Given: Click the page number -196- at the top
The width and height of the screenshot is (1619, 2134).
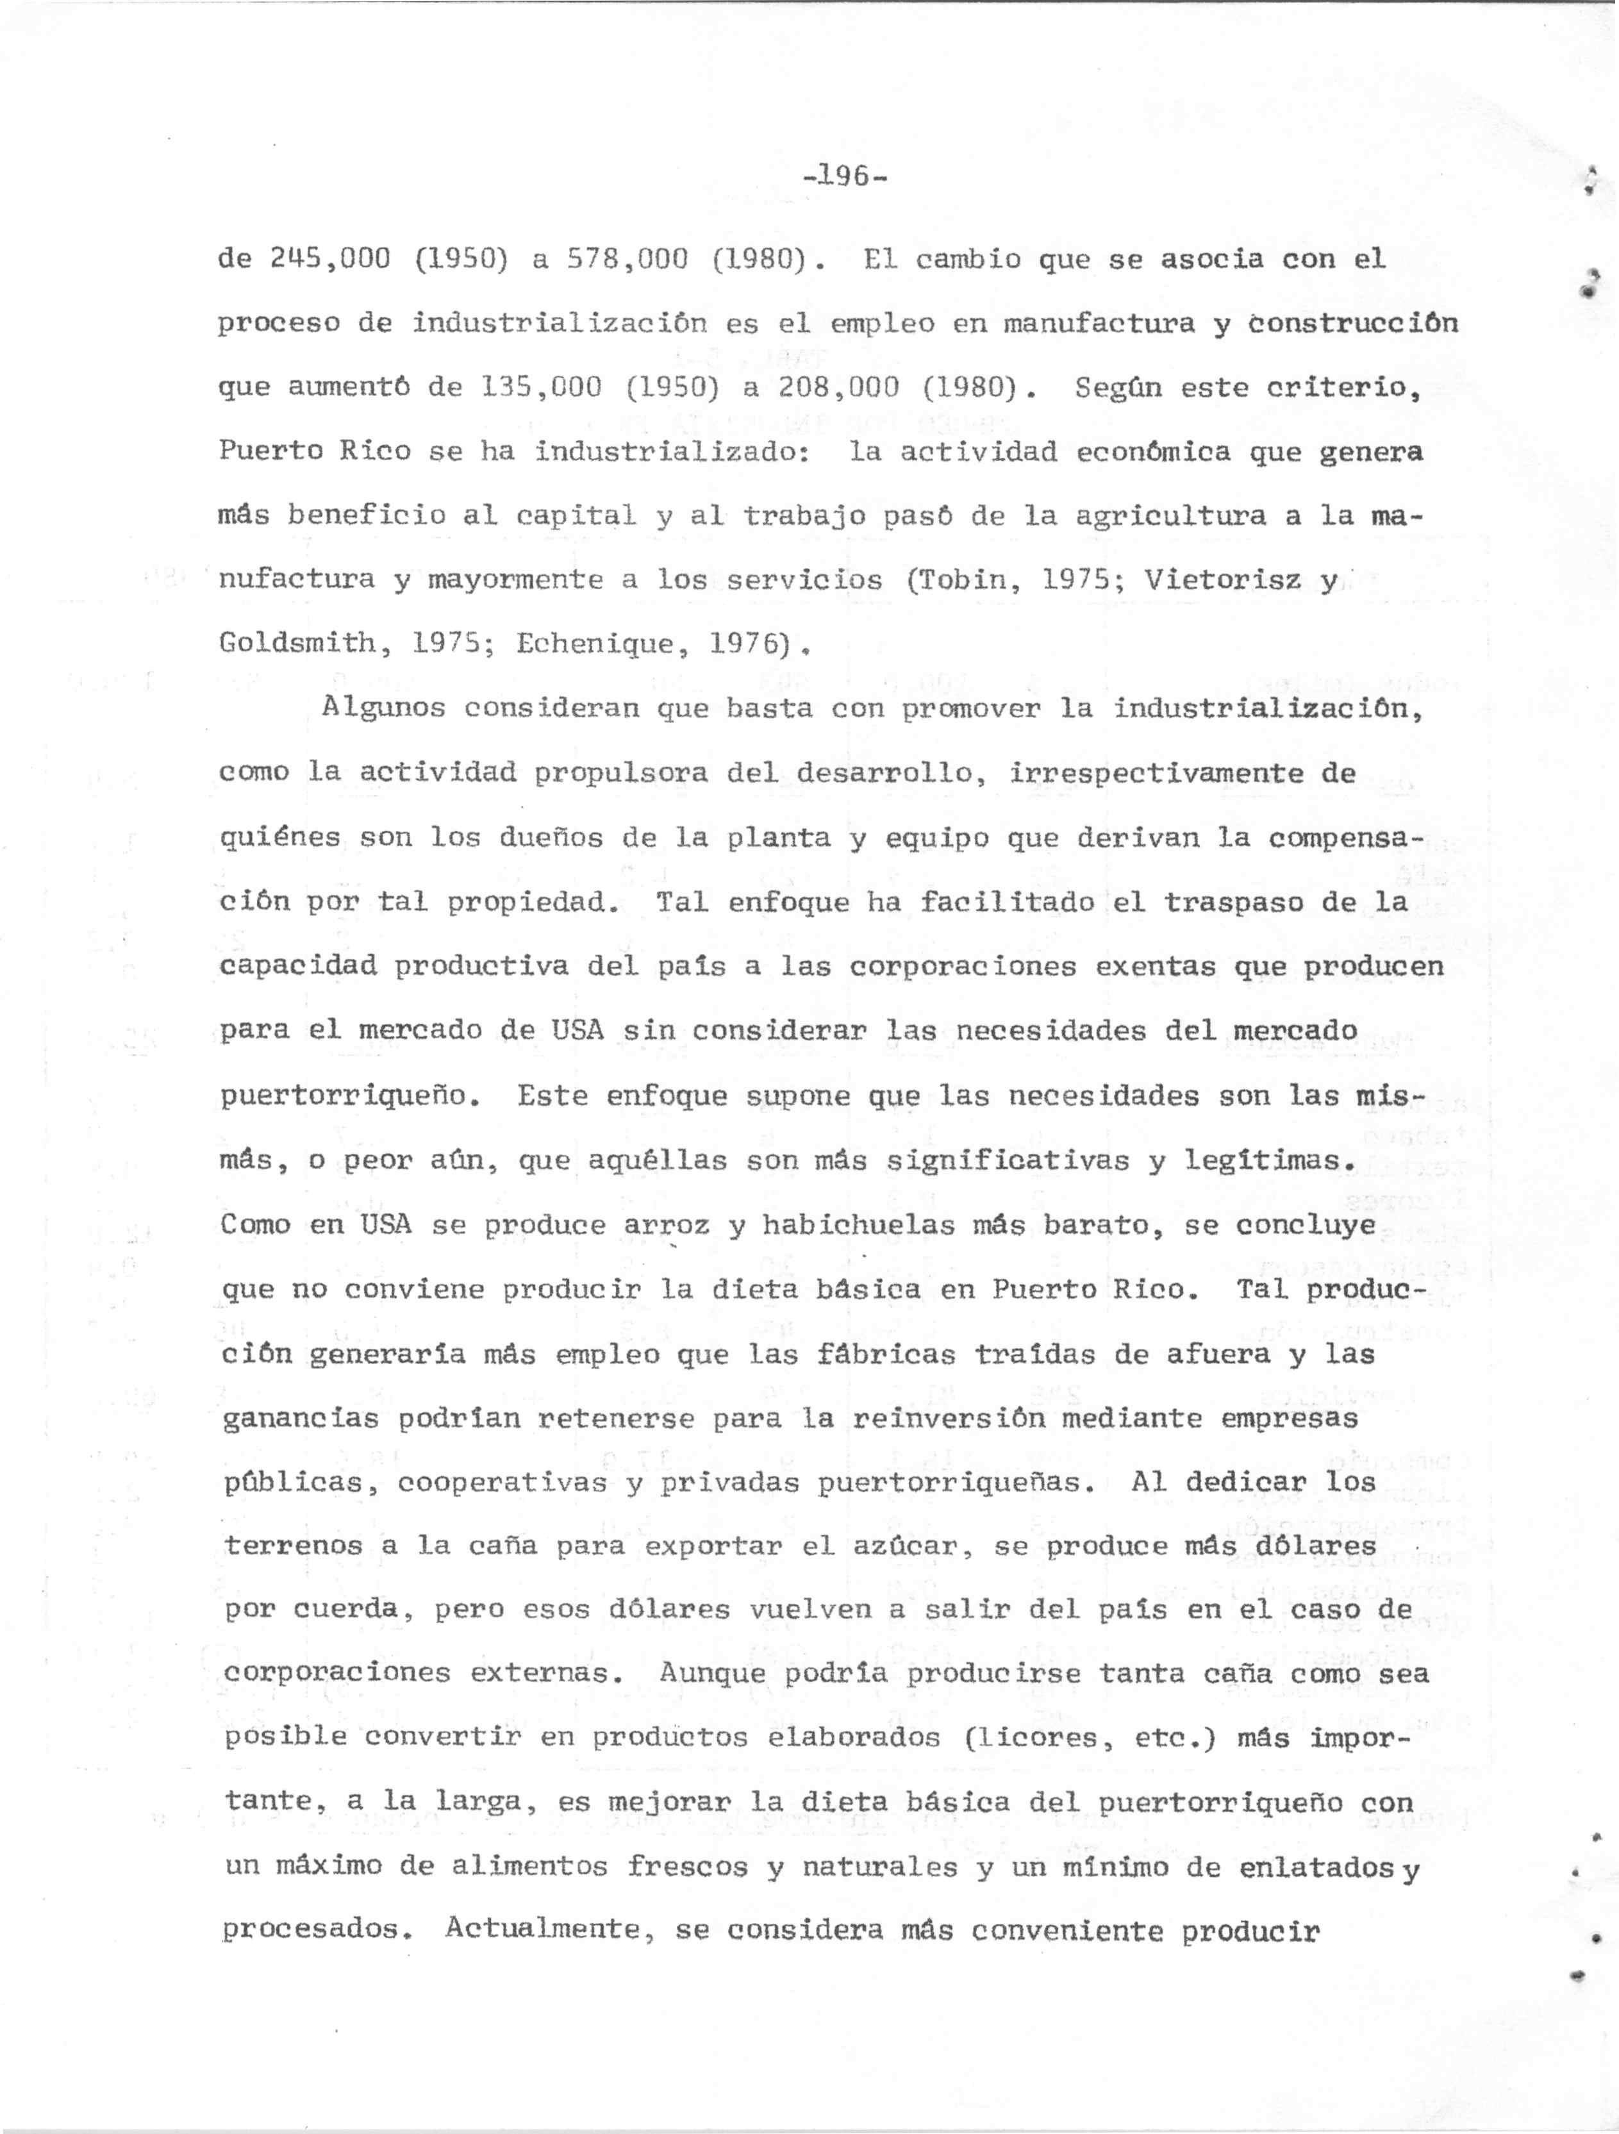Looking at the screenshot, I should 844,176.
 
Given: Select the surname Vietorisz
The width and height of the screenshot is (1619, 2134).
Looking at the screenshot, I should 1222,579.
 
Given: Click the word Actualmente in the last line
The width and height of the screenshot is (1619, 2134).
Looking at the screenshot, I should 551,1932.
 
